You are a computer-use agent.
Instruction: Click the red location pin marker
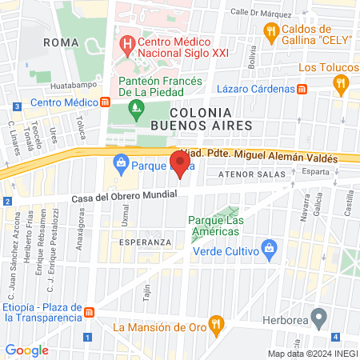tap(182, 164)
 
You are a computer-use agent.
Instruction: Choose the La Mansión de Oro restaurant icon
tap(215, 325)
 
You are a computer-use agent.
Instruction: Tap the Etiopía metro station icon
tap(90, 312)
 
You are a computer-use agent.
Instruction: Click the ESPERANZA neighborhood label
tap(145, 241)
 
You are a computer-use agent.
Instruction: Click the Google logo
tap(27, 350)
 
